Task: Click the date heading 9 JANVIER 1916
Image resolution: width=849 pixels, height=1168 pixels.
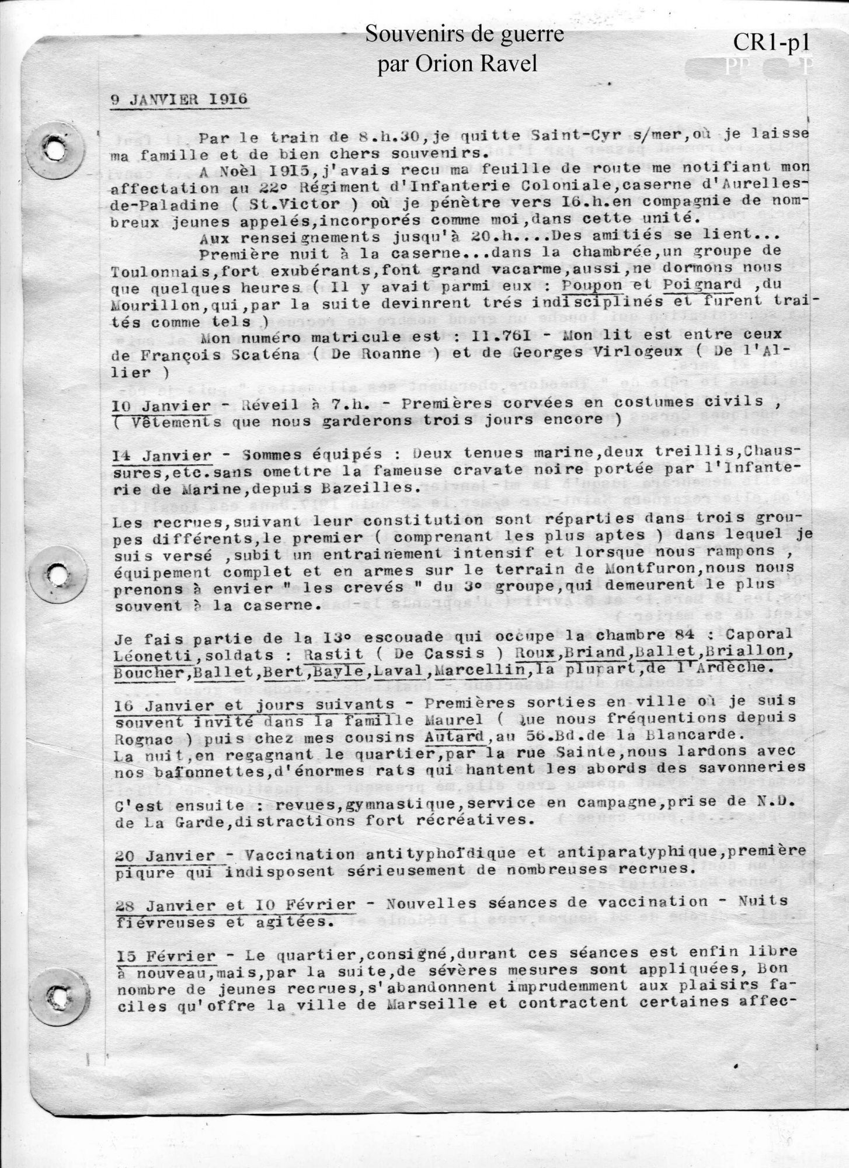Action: pos(179,99)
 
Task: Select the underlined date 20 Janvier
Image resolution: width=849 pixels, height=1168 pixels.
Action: pos(165,856)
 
